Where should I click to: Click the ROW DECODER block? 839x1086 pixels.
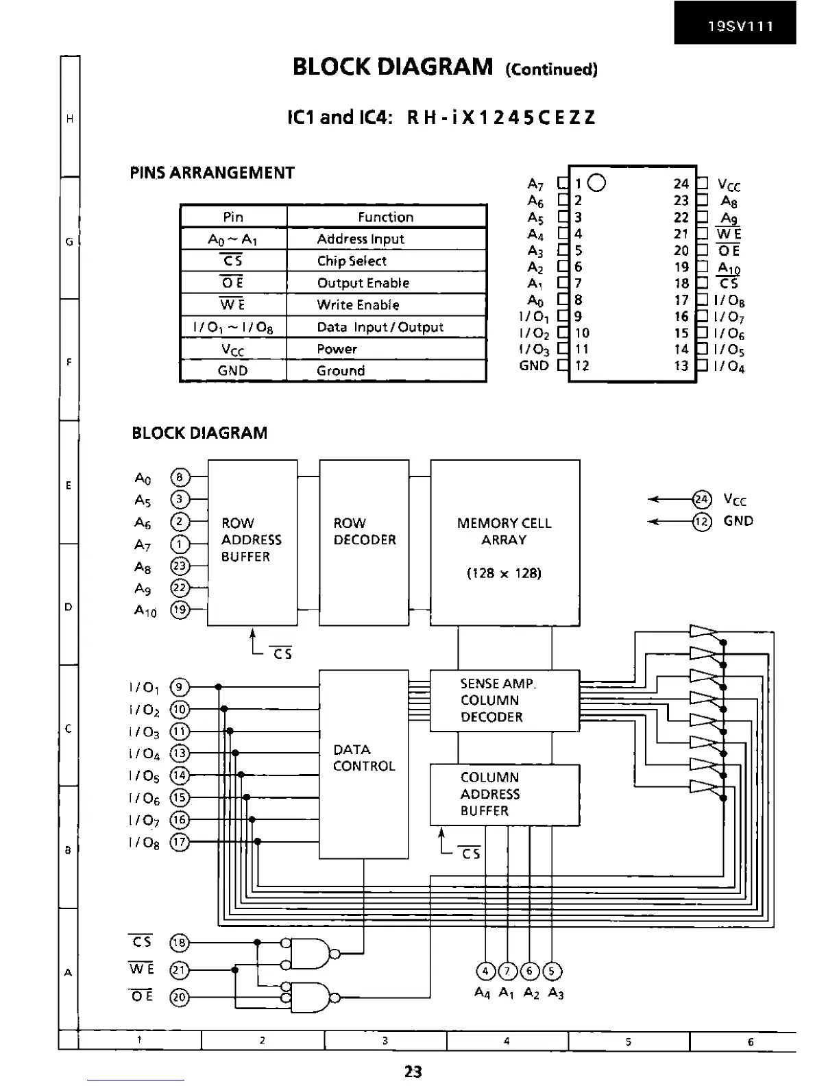[364, 542]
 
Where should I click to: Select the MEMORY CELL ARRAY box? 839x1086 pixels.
[504, 542]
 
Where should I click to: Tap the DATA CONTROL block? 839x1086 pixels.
[364, 764]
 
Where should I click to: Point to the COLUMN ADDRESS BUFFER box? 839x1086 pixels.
[504, 794]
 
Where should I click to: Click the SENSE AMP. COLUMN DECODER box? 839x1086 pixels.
[504, 700]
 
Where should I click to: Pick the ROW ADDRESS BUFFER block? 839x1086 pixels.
[252, 542]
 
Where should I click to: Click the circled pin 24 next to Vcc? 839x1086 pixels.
[702, 500]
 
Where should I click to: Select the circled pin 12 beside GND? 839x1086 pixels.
[702, 522]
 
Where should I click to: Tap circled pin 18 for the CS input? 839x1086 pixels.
[179, 943]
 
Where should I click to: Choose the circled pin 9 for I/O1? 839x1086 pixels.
[179, 688]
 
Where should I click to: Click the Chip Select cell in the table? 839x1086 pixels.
[352, 261]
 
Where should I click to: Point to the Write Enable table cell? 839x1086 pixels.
[358, 305]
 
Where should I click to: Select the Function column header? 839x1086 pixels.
[386, 217]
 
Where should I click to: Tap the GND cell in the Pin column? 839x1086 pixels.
[232, 371]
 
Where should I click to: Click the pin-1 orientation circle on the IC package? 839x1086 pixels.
[597, 183]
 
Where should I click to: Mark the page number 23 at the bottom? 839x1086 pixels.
[413, 1071]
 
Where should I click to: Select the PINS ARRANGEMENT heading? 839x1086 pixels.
[212, 173]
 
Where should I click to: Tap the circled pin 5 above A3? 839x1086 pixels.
[552, 971]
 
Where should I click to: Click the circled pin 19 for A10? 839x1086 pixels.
[179, 610]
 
